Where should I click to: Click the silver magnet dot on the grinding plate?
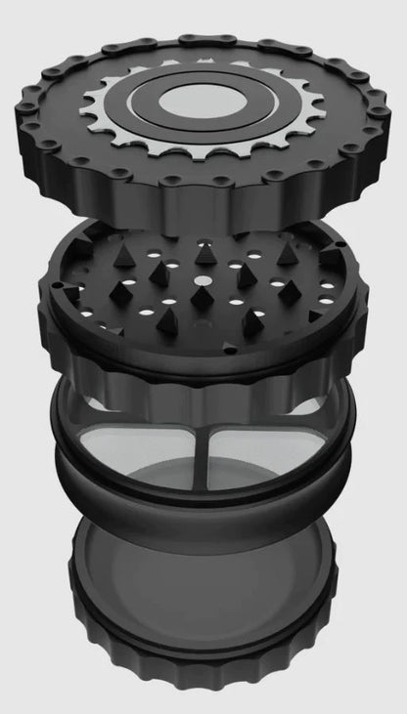[x=201, y=278]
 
